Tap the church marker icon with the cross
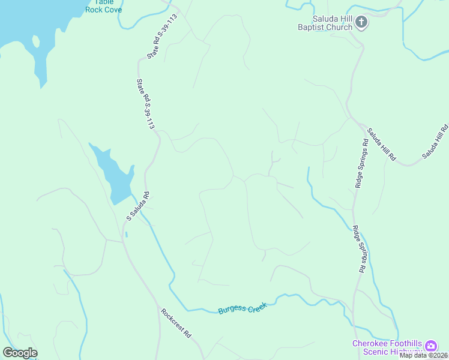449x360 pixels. [361, 23]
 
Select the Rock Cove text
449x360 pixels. [103, 10]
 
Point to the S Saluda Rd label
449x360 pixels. [137, 205]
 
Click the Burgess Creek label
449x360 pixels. [241, 309]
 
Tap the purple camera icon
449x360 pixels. [431, 346]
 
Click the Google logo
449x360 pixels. [20, 353]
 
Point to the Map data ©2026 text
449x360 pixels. [423, 355]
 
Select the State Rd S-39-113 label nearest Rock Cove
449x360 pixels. [162, 37]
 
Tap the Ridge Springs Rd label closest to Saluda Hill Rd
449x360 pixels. [361, 163]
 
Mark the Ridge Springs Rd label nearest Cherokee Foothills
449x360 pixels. [359, 250]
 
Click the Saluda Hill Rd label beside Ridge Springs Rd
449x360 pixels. [382, 144]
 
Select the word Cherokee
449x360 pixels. [372, 343]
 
